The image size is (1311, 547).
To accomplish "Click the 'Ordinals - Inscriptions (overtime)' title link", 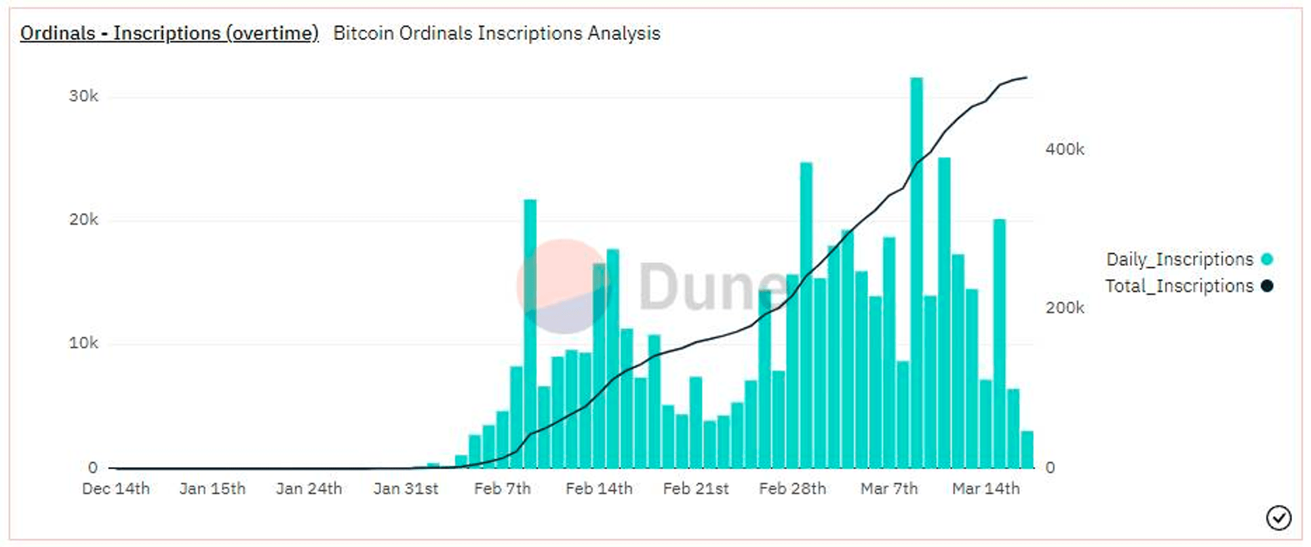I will click(169, 33).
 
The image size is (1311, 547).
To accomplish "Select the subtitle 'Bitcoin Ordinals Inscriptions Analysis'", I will click(496, 33).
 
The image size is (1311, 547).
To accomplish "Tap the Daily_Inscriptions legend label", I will click(1179, 259).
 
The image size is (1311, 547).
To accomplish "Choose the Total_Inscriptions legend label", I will click(1179, 286).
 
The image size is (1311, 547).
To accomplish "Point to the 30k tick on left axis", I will click(83, 96).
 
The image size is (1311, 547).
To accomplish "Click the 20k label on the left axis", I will click(83, 219).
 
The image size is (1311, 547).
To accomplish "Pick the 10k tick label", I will click(83, 343).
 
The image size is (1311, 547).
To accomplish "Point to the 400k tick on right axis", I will click(1065, 149).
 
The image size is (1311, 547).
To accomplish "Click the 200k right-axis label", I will click(1065, 308).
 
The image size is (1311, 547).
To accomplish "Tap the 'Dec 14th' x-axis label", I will click(115, 489).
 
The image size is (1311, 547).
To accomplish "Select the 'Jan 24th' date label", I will click(309, 489).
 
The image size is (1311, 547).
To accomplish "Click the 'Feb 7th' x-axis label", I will click(502, 489).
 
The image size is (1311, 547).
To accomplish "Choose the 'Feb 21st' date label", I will click(695, 489).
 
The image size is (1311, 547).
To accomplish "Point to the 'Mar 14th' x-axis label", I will click(986, 489).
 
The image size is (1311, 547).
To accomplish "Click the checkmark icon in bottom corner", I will click(1278, 518).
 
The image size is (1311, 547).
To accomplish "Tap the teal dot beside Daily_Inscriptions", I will click(1267, 259).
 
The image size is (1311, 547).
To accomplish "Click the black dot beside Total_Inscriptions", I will click(1267, 286).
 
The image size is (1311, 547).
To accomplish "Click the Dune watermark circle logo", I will click(564, 286).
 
